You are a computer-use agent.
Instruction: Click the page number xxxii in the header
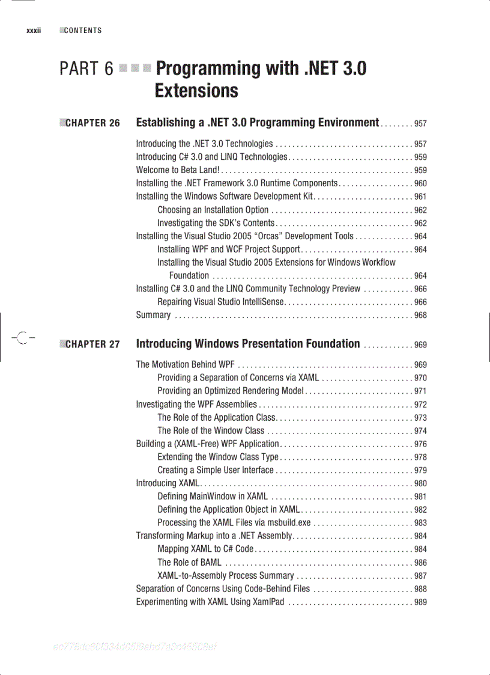point(33,31)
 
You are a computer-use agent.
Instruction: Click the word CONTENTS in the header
point(83,31)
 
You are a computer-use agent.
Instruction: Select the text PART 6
point(86,69)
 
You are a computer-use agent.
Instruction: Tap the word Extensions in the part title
point(196,91)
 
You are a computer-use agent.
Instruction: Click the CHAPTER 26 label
point(92,124)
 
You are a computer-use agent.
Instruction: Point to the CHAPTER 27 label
point(92,345)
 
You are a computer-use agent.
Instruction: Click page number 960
point(420,184)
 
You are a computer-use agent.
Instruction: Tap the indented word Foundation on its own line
point(189,276)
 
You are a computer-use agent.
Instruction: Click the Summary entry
point(153,316)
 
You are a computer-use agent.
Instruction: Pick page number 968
point(420,316)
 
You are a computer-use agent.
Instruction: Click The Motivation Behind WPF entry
point(185,365)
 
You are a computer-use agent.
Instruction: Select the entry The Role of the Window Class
point(211,430)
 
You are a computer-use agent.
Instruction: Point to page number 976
point(420,444)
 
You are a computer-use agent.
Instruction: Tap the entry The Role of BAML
point(189,563)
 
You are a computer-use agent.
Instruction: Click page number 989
point(420,602)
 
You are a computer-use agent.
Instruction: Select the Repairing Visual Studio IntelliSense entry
point(220,302)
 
